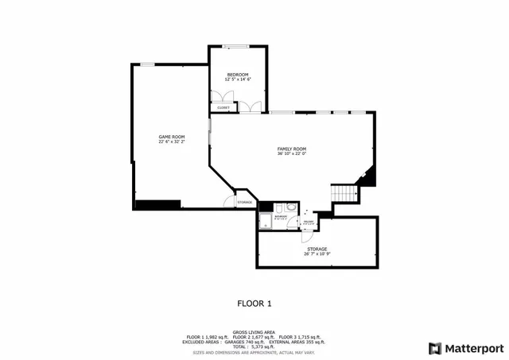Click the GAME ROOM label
(x=171, y=137)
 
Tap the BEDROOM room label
(x=238, y=75)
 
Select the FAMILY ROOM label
(x=291, y=149)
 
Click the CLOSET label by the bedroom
(x=223, y=107)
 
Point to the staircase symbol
(x=343, y=193)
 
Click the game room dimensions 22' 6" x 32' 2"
(x=171, y=141)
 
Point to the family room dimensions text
(x=291, y=153)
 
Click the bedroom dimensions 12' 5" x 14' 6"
(x=238, y=79)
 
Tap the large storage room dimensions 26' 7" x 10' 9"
(x=317, y=254)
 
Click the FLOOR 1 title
(x=254, y=303)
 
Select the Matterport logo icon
(x=433, y=347)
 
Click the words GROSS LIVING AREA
(x=254, y=332)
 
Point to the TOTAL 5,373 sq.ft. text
(x=254, y=346)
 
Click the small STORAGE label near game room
(x=244, y=203)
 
